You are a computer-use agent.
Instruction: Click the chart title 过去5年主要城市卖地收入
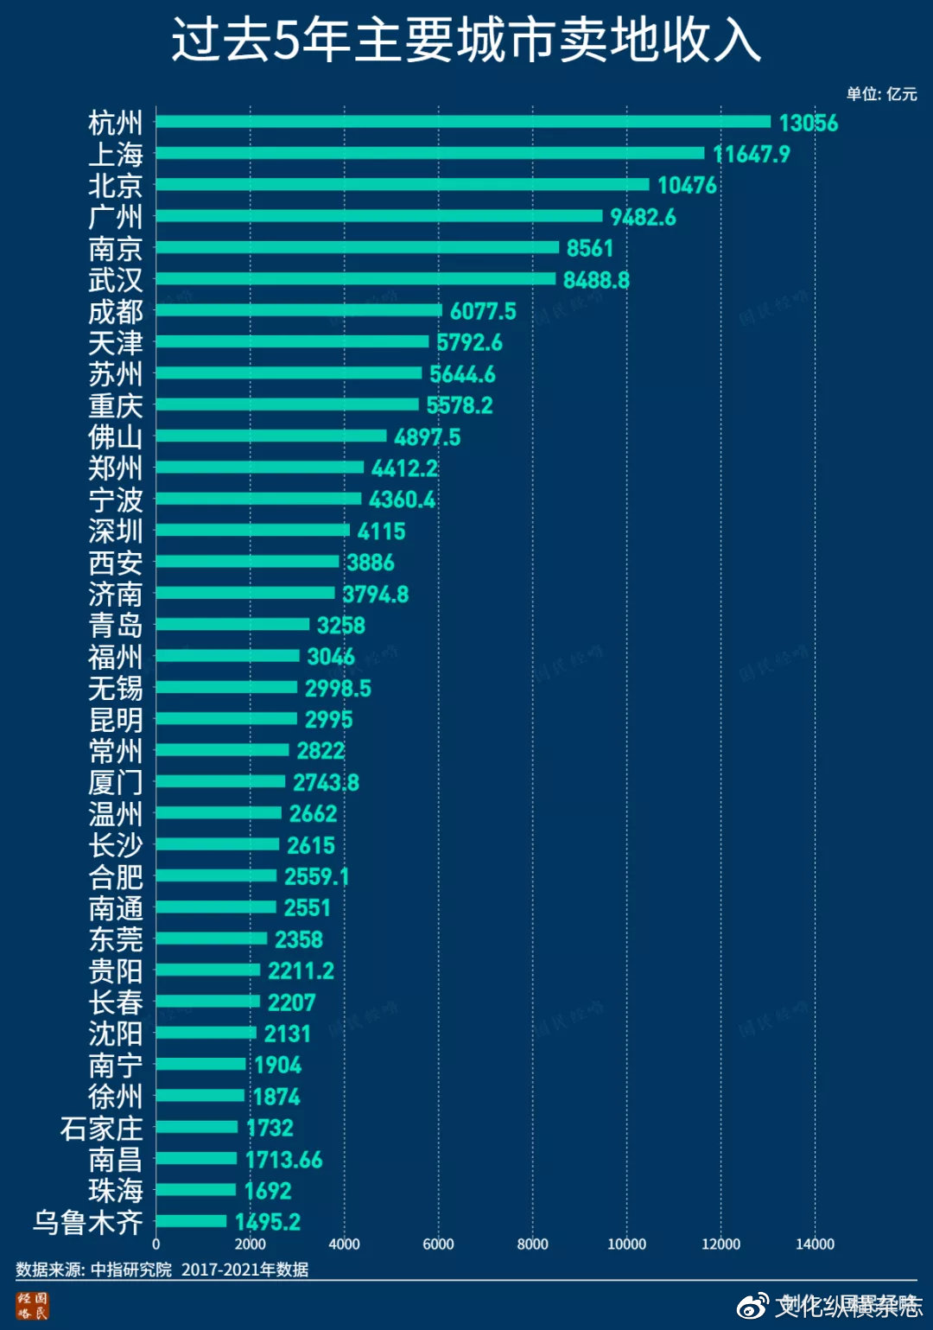click(x=466, y=40)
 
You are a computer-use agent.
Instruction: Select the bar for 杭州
click(x=463, y=122)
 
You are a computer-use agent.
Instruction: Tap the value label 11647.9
click(x=752, y=154)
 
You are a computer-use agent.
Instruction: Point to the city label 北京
click(x=115, y=186)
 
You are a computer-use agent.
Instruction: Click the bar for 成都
click(x=299, y=310)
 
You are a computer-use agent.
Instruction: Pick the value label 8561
click(x=590, y=248)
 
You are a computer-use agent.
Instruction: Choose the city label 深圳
click(x=115, y=531)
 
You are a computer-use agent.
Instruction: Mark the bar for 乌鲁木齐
click(x=191, y=1221)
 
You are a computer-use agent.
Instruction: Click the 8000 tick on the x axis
click(x=532, y=1244)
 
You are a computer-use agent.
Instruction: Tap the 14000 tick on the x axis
click(x=815, y=1244)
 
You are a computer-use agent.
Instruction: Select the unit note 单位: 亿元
click(x=881, y=94)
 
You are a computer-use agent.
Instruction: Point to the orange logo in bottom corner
click(x=33, y=1305)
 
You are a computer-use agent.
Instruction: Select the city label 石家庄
click(x=101, y=1128)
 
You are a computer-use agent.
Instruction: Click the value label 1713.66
click(x=284, y=1159)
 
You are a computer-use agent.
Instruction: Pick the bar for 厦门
click(x=220, y=781)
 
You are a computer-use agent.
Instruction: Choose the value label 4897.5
click(x=428, y=436)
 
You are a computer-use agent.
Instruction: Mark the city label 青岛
click(x=115, y=625)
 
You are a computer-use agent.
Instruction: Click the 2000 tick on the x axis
click(x=250, y=1244)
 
